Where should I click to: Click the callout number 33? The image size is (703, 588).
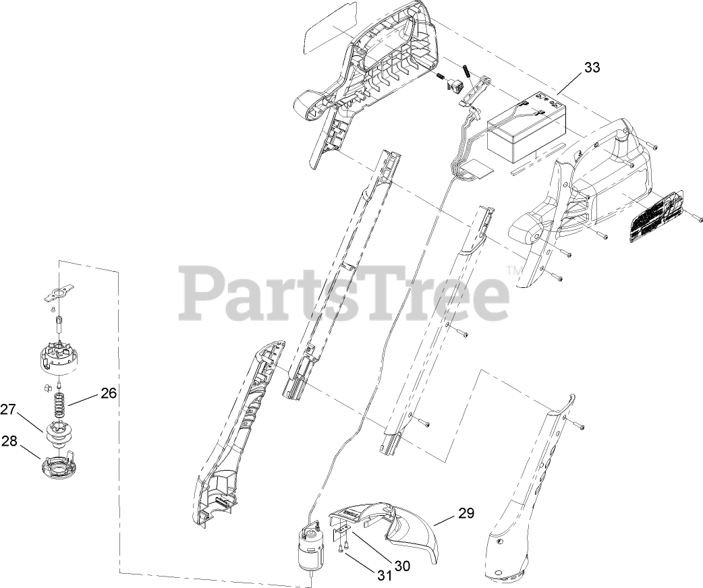tap(592, 67)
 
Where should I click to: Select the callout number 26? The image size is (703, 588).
tap(109, 392)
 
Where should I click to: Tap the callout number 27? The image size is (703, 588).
tap(8, 409)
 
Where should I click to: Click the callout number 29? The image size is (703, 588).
tap(466, 513)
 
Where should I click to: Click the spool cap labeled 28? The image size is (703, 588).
tap(59, 465)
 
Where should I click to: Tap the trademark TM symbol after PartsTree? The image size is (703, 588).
tap(514, 271)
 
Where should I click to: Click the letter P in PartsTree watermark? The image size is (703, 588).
tap(202, 293)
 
